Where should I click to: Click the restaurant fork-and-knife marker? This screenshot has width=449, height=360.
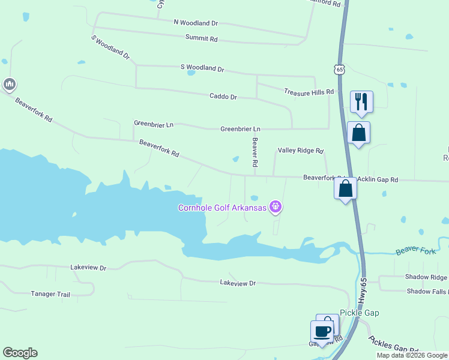click(x=361, y=101)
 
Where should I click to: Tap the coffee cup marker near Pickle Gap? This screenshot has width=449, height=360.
click(x=322, y=331)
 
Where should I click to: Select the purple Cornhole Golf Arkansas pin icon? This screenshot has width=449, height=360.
click(x=276, y=208)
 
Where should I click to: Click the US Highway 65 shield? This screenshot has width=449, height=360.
click(x=340, y=70)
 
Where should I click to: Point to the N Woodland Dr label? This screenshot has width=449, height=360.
click(x=196, y=23)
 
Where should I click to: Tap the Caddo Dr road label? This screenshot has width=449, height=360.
click(x=223, y=97)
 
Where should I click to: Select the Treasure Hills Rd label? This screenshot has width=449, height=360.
click(x=309, y=92)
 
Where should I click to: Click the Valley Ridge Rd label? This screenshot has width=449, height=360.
click(x=300, y=151)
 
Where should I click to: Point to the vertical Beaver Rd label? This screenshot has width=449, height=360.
click(x=255, y=152)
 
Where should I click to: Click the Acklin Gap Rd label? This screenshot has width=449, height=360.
click(x=378, y=179)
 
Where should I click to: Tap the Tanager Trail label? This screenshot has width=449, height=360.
click(x=50, y=294)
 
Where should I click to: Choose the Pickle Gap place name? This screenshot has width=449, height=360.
click(x=360, y=313)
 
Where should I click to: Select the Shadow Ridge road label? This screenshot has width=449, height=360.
click(x=426, y=277)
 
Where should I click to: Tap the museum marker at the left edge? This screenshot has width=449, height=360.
click(x=8, y=85)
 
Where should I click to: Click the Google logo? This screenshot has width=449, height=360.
click(x=20, y=353)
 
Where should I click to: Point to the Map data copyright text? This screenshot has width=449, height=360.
click(x=412, y=355)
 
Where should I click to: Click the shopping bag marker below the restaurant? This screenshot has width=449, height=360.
click(x=358, y=132)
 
